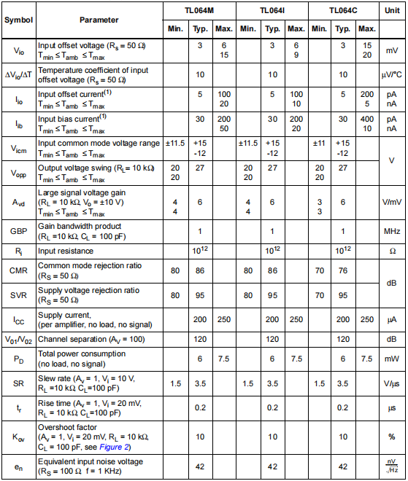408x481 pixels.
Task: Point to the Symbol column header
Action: pos(18,20)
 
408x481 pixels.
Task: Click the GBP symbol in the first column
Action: pos(18,231)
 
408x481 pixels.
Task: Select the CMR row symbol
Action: pos(18,270)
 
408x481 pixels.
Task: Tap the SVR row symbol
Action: pos(18,295)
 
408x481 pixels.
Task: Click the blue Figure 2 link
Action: pos(117,445)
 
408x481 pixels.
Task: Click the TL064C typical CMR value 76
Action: pos(343,270)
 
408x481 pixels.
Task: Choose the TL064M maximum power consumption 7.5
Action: pos(224,359)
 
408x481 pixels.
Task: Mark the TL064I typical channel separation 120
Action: pos(272,340)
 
